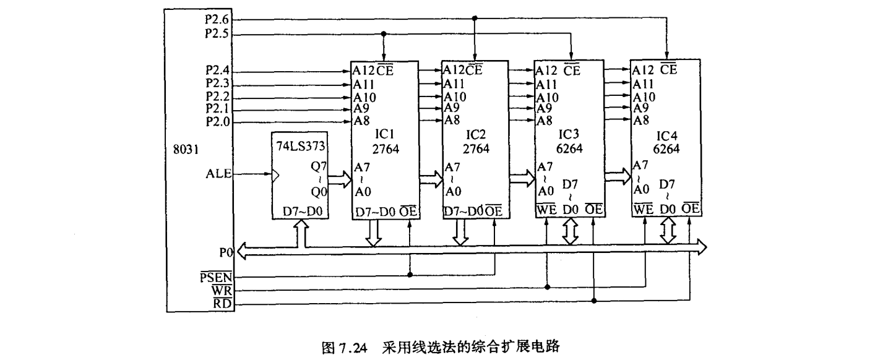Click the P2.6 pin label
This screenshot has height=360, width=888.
pos(217,19)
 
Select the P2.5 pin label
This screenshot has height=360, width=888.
pos(217,35)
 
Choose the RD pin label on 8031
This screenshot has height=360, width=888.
pos(223,302)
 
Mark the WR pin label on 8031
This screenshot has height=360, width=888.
pos(222,289)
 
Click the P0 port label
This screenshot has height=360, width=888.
pos(226,252)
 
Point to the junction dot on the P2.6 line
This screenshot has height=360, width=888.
pos(475,19)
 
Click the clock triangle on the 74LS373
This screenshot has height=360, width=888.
pos(275,176)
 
